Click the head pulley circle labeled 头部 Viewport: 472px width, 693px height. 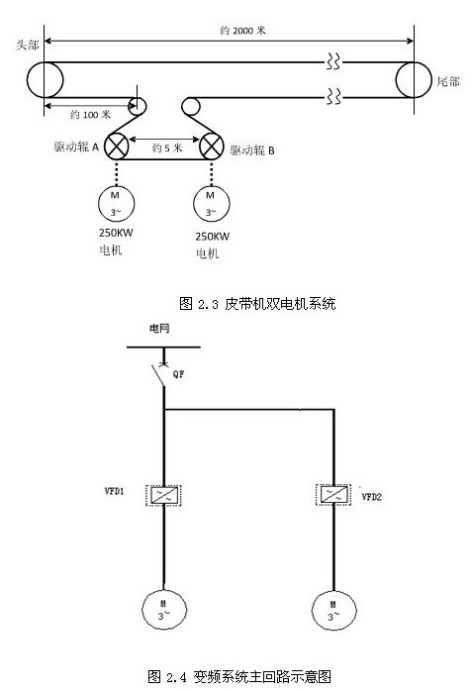[x=28, y=80]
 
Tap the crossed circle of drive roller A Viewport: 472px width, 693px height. [x=116, y=147]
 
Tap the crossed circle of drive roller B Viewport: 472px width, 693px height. [x=211, y=147]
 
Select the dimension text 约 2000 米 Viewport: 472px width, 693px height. [x=243, y=31]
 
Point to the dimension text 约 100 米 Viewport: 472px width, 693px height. [x=90, y=115]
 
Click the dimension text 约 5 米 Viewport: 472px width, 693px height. [x=167, y=148]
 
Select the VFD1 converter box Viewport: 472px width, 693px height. [x=163, y=495]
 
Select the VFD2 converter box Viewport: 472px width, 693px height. [x=333, y=495]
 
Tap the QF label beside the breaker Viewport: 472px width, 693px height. [x=178, y=374]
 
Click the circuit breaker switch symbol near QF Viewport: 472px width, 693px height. [x=158, y=374]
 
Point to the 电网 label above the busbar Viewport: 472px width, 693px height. [x=159, y=329]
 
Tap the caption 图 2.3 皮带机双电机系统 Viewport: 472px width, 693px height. [x=257, y=304]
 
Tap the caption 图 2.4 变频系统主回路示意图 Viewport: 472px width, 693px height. [x=239, y=676]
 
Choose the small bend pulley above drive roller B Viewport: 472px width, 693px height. [x=190, y=107]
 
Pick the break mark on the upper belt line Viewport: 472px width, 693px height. [x=333, y=61]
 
